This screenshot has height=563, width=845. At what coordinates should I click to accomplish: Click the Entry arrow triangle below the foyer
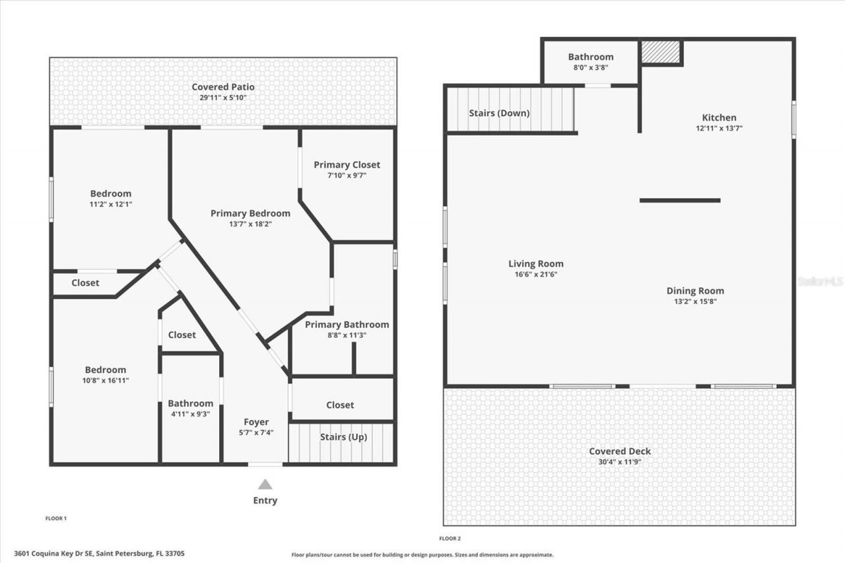[265, 484]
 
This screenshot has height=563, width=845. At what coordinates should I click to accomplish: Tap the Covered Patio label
[223, 87]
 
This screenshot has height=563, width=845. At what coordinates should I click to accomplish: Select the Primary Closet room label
[347, 164]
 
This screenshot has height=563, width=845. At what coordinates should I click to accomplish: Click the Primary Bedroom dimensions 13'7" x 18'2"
[250, 224]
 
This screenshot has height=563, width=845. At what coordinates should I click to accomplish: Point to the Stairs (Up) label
[343, 437]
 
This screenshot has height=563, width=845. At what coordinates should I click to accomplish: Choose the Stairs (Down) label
[499, 113]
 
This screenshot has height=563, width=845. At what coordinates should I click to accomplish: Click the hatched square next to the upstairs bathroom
[661, 53]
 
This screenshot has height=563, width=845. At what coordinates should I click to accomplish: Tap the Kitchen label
[719, 117]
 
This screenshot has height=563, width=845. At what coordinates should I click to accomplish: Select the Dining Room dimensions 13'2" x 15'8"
[695, 301]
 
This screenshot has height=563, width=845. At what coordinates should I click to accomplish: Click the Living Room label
[535, 263]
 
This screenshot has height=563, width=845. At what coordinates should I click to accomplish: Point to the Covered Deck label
[620, 451]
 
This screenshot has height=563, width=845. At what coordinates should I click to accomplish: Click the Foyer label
[256, 422]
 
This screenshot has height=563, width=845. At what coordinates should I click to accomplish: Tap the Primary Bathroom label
[347, 324]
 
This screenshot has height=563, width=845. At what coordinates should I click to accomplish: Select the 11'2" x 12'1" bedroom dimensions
[111, 204]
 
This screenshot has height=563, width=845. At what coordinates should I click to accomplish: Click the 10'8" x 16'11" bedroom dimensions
[105, 380]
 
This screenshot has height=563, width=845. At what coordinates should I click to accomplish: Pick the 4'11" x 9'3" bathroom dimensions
[190, 414]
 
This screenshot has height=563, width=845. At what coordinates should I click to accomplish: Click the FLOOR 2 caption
[450, 539]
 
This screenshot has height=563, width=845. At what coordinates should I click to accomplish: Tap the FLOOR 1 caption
[55, 518]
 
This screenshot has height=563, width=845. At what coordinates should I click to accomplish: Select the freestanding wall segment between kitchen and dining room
[680, 201]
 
